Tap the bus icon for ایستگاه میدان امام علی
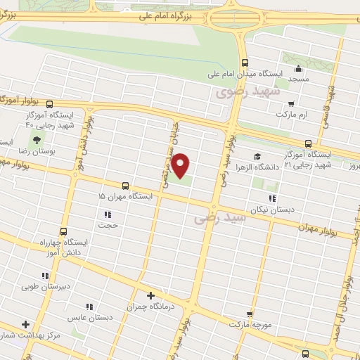[x=244, y=61]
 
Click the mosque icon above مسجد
[x=298, y=69]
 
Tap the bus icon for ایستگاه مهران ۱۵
[x=125, y=186]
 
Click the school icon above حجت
[x=108, y=214]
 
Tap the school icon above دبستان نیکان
[x=271, y=199]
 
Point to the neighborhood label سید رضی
[x=221, y=219]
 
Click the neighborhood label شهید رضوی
[x=247, y=91]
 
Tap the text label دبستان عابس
[x=91, y=318]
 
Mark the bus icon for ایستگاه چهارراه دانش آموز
[x=64, y=231]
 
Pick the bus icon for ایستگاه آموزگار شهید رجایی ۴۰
[x=69, y=104]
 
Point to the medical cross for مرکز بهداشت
[x=27, y=325]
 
